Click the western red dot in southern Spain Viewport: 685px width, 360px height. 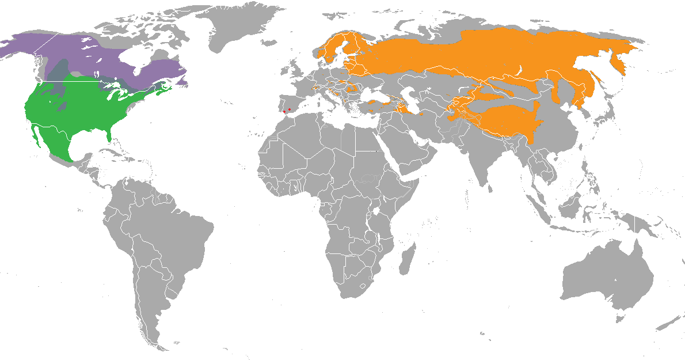[284, 111]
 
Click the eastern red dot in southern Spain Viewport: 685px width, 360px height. [290, 109]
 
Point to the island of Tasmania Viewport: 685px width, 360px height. [620, 318]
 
